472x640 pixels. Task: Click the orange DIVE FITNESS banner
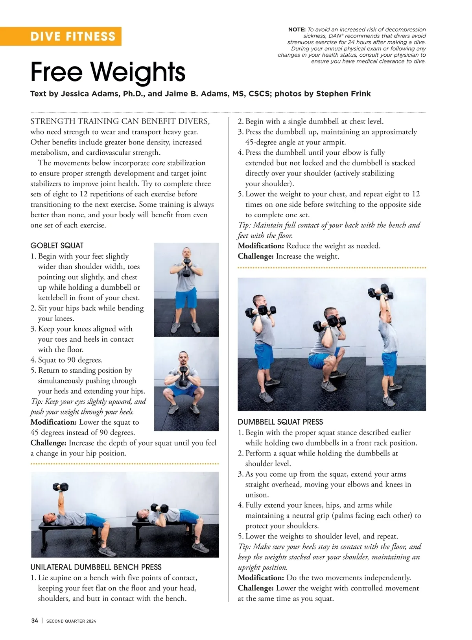point(73,36)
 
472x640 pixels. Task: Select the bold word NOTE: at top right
point(297,30)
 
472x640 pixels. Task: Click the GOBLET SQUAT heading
point(57,246)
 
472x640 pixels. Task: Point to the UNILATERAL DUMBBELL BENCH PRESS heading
point(96,567)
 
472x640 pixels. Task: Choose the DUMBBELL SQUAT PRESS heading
point(280,422)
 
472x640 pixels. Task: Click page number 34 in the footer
point(35,621)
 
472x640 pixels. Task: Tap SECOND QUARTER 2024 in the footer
point(71,621)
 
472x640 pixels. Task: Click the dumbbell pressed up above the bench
point(60,487)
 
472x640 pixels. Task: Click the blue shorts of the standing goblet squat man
point(186,300)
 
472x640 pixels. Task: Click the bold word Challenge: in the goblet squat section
point(48,443)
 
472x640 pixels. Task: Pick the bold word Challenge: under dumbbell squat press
point(256,588)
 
